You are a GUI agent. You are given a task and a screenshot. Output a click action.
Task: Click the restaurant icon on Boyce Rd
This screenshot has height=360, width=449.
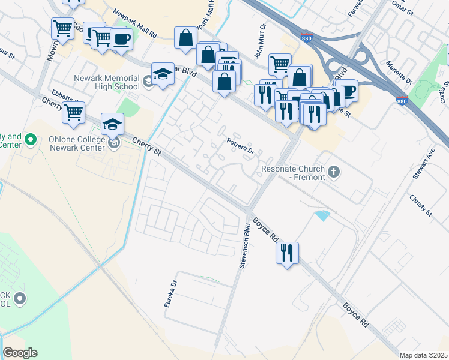(287, 251)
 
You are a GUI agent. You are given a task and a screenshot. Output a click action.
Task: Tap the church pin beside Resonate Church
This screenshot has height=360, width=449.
(334, 173)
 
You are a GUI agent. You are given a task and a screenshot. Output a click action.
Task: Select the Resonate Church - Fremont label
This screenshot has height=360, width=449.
(293, 173)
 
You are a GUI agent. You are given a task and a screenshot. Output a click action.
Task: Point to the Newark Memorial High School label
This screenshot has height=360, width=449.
(107, 82)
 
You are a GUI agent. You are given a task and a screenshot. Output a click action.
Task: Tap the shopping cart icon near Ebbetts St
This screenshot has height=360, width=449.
(73, 112)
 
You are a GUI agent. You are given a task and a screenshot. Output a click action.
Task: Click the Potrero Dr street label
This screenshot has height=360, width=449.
(240, 145)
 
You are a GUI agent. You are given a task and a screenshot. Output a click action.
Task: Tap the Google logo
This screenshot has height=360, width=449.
(20, 353)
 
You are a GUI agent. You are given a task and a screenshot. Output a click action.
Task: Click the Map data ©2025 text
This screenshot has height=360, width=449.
(423, 355)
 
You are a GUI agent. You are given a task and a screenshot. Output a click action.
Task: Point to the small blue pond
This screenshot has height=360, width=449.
(322, 215)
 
